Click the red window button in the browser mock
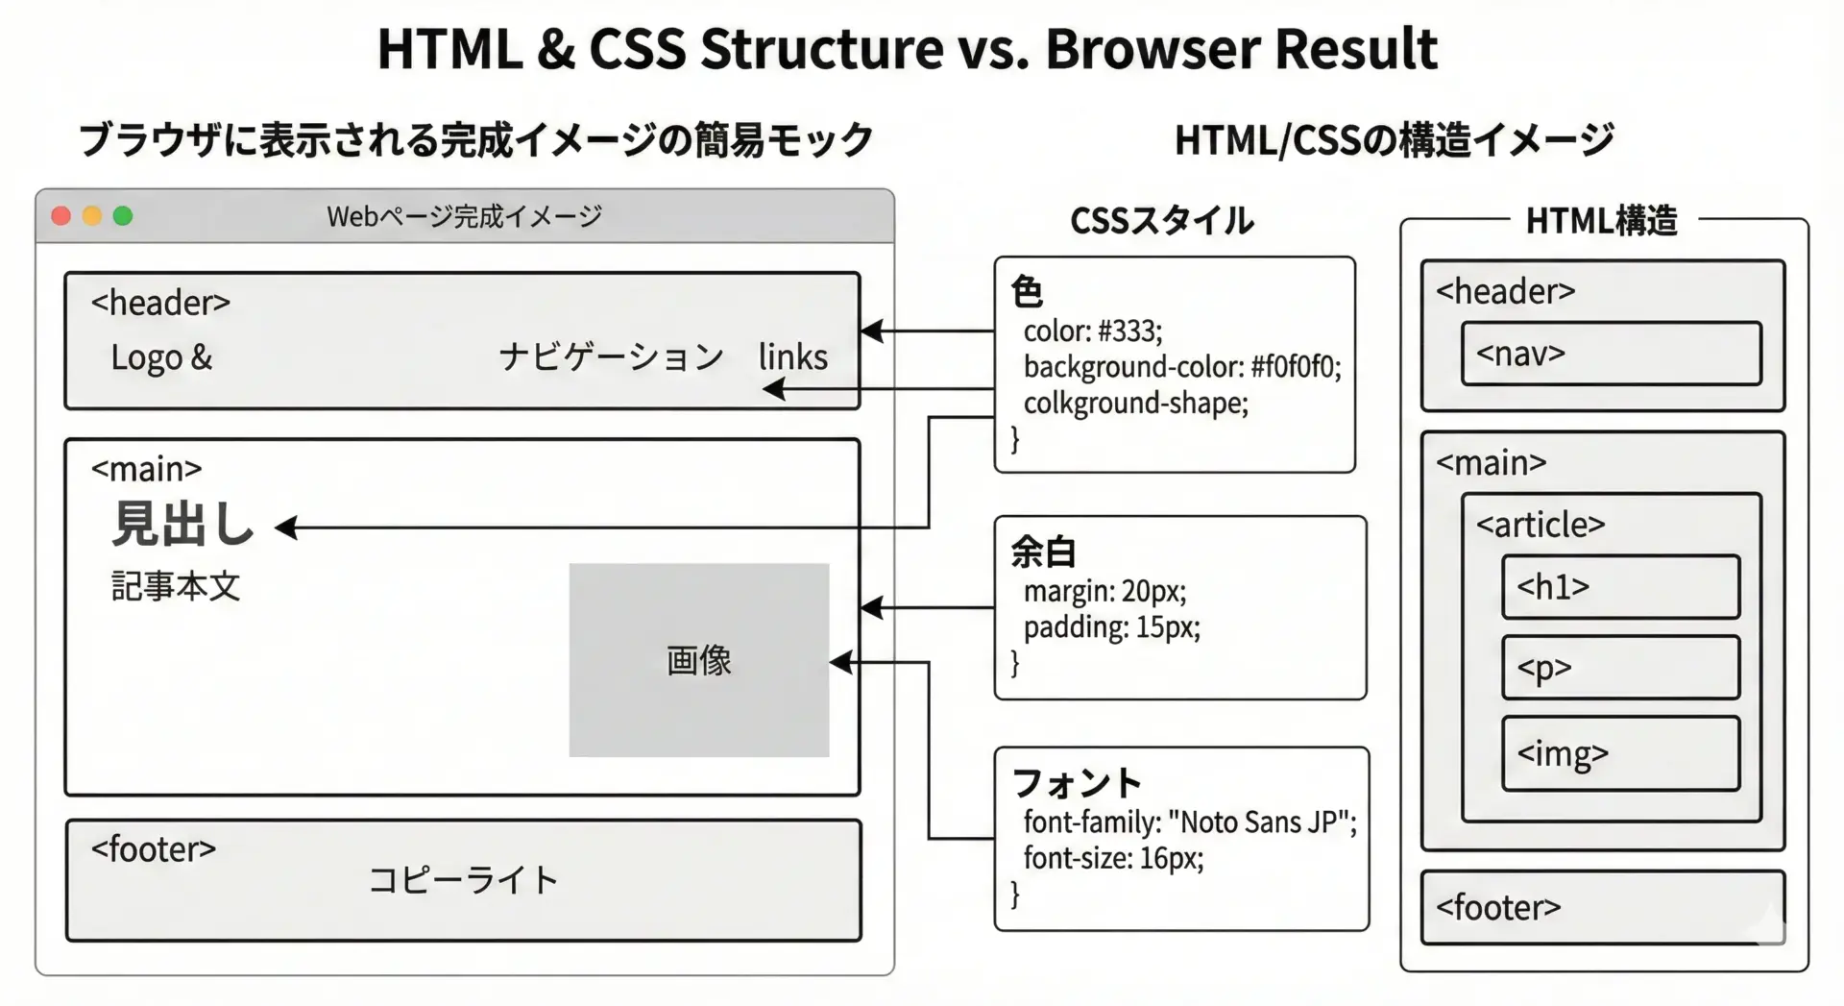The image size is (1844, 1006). pyautogui.click(x=61, y=216)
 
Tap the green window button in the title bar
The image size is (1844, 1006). pyautogui.click(x=123, y=216)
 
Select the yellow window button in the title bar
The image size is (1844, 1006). pyautogui.click(x=92, y=216)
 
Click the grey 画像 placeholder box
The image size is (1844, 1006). pyautogui.click(x=699, y=660)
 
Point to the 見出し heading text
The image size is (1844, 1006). pyautogui.click(x=183, y=525)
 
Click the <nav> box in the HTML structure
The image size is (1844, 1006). pyautogui.click(x=1612, y=354)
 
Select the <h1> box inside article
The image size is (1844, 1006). pyautogui.click(x=1621, y=586)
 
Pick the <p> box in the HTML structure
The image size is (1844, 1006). pyautogui.click(x=1621, y=667)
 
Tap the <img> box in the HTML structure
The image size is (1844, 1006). pyautogui.click(x=1621, y=753)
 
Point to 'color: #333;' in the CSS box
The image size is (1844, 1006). pyautogui.click(x=1093, y=331)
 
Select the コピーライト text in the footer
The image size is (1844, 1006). pyautogui.click(x=464, y=880)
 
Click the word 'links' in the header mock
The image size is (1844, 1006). pyautogui.click(x=793, y=356)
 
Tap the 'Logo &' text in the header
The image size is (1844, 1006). pyautogui.click(x=161, y=357)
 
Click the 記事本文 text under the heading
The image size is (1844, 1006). pyautogui.click(x=176, y=586)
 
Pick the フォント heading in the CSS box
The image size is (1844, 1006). pyautogui.click(x=1077, y=783)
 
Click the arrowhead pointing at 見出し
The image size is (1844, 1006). pyautogui.click(x=286, y=528)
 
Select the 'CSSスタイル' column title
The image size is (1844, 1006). pyautogui.click(x=1162, y=221)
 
